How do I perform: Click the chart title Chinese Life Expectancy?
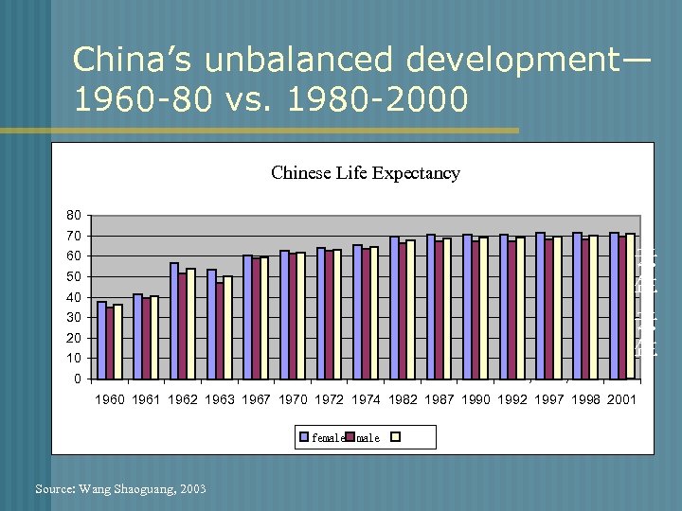365,173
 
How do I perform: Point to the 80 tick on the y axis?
74,216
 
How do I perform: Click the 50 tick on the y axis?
74,277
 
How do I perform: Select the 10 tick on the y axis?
74,359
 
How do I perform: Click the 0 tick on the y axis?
78,379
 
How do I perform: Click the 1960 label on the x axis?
110,400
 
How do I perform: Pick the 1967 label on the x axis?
256,400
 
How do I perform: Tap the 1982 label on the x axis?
403,400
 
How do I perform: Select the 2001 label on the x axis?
621,400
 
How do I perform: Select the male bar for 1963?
220,330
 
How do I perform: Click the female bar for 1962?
174,321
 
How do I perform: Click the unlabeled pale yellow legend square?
397,437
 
